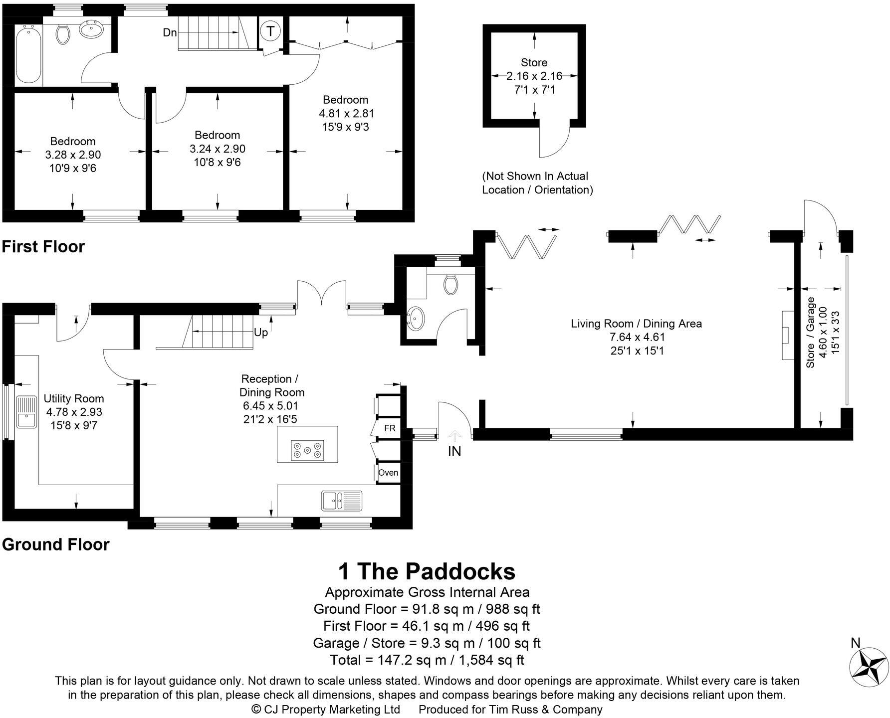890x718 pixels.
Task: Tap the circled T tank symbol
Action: click(x=270, y=31)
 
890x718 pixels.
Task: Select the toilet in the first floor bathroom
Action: click(x=62, y=34)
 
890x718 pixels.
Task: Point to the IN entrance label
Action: click(x=454, y=451)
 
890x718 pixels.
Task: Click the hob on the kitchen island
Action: click(x=307, y=450)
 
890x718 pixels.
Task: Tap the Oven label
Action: click(x=388, y=472)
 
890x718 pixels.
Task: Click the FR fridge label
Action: click(x=390, y=428)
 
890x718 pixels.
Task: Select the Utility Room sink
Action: click(x=26, y=411)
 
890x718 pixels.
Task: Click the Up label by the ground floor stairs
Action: click(x=261, y=333)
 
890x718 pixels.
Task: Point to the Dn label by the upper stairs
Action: click(x=170, y=33)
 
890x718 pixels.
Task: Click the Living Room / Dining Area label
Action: click(x=636, y=324)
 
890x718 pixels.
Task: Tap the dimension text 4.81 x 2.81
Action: click(x=346, y=114)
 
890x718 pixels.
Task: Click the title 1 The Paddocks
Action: click(x=427, y=571)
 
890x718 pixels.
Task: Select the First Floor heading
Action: click(x=43, y=246)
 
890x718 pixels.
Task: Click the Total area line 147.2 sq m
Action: click(x=427, y=660)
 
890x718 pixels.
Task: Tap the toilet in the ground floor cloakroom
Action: click(x=450, y=285)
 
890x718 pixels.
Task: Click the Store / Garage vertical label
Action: click(x=810, y=333)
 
